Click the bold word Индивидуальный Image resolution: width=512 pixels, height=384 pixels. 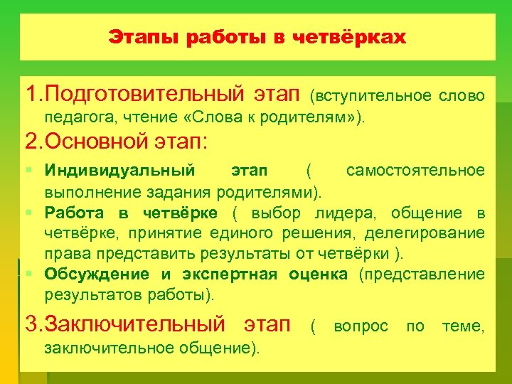(x=119, y=171)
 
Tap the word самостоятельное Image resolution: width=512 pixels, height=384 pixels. (x=415, y=171)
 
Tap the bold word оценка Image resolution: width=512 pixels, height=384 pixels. (x=318, y=274)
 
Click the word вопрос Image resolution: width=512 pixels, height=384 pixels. (x=361, y=326)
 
